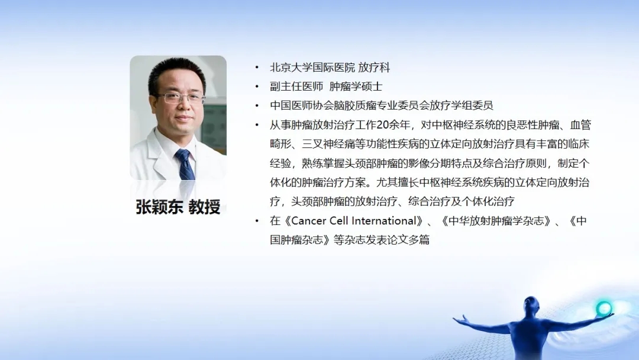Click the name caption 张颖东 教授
(178, 207)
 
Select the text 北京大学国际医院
(312, 67)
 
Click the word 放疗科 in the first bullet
(374, 67)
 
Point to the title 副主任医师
(296, 86)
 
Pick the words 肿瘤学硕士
(356, 86)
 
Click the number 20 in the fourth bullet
(383, 125)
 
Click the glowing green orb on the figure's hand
(604, 308)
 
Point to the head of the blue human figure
(531, 304)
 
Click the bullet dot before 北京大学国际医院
(257, 67)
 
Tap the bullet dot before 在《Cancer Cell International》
(257, 221)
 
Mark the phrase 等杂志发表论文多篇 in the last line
(382, 240)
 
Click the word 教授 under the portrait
(205, 207)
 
